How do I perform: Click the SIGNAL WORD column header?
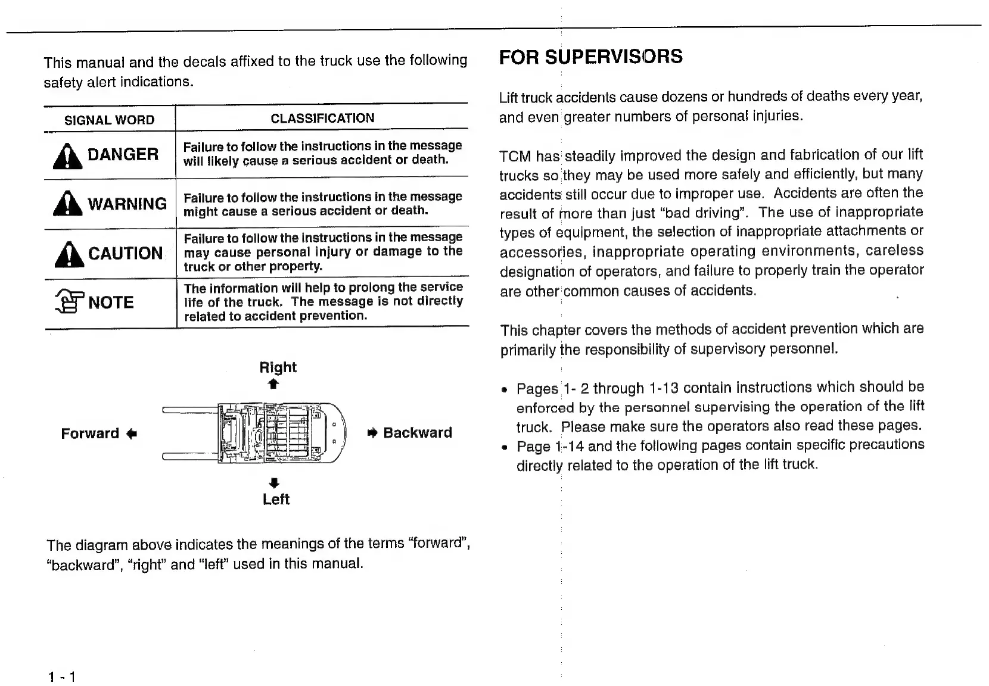coord(109,120)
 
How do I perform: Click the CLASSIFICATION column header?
coord(322,119)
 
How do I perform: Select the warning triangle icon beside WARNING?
coord(68,204)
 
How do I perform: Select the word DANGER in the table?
coord(123,155)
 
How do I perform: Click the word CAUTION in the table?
coord(125,254)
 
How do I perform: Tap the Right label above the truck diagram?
coord(278,367)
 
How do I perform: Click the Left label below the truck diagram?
coord(276,500)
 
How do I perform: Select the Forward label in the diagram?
coord(90,434)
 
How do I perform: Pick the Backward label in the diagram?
coord(418,433)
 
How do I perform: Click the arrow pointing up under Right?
coord(273,385)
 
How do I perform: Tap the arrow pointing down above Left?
coord(273,482)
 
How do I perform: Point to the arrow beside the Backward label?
coord(373,433)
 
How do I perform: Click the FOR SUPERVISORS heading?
coord(590,57)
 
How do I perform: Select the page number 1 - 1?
coord(62,677)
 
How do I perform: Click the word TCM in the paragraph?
coord(515,157)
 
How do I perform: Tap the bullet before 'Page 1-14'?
coord(505,447)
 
